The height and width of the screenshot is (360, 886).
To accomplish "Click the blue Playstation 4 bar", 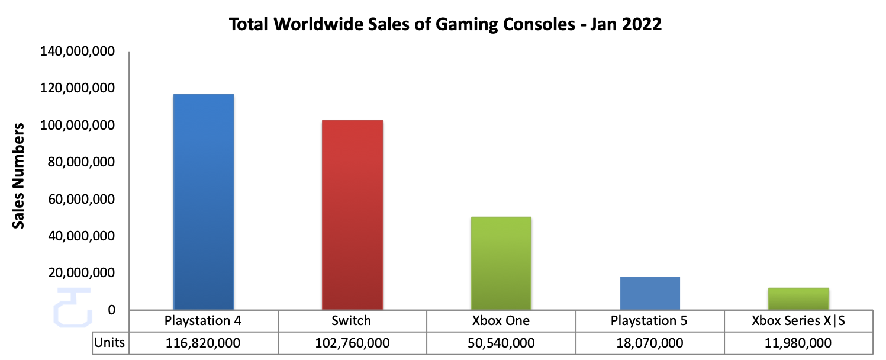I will click(204, 201).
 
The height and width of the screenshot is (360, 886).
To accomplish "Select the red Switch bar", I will click(352, 214).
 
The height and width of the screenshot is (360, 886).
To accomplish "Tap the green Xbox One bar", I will click(501, 263).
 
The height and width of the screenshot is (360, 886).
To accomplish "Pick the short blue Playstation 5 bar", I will click(650, 293).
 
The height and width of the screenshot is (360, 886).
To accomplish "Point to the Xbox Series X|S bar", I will click(798, 298).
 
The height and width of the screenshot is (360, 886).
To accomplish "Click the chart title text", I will click(444, 25).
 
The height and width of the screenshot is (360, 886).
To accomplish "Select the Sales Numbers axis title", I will click(19, 176).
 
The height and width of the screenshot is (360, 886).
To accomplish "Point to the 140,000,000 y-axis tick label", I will click(77, 52).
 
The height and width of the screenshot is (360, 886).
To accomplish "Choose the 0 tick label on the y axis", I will click(111, 310).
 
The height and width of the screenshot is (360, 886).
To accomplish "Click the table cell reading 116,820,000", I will click(204, 343).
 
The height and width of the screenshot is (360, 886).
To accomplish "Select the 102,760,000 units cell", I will click(352, 343).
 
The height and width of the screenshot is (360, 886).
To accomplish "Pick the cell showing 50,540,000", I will click(501, 343).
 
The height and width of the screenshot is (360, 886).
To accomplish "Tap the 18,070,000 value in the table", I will click(650, 343).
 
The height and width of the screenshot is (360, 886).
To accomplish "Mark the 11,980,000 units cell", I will click(798, 343).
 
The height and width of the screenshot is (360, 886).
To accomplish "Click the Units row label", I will click(110, 343).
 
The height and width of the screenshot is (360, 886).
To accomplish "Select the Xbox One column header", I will click(501, 322).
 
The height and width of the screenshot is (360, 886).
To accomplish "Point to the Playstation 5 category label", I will click(650, 322).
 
